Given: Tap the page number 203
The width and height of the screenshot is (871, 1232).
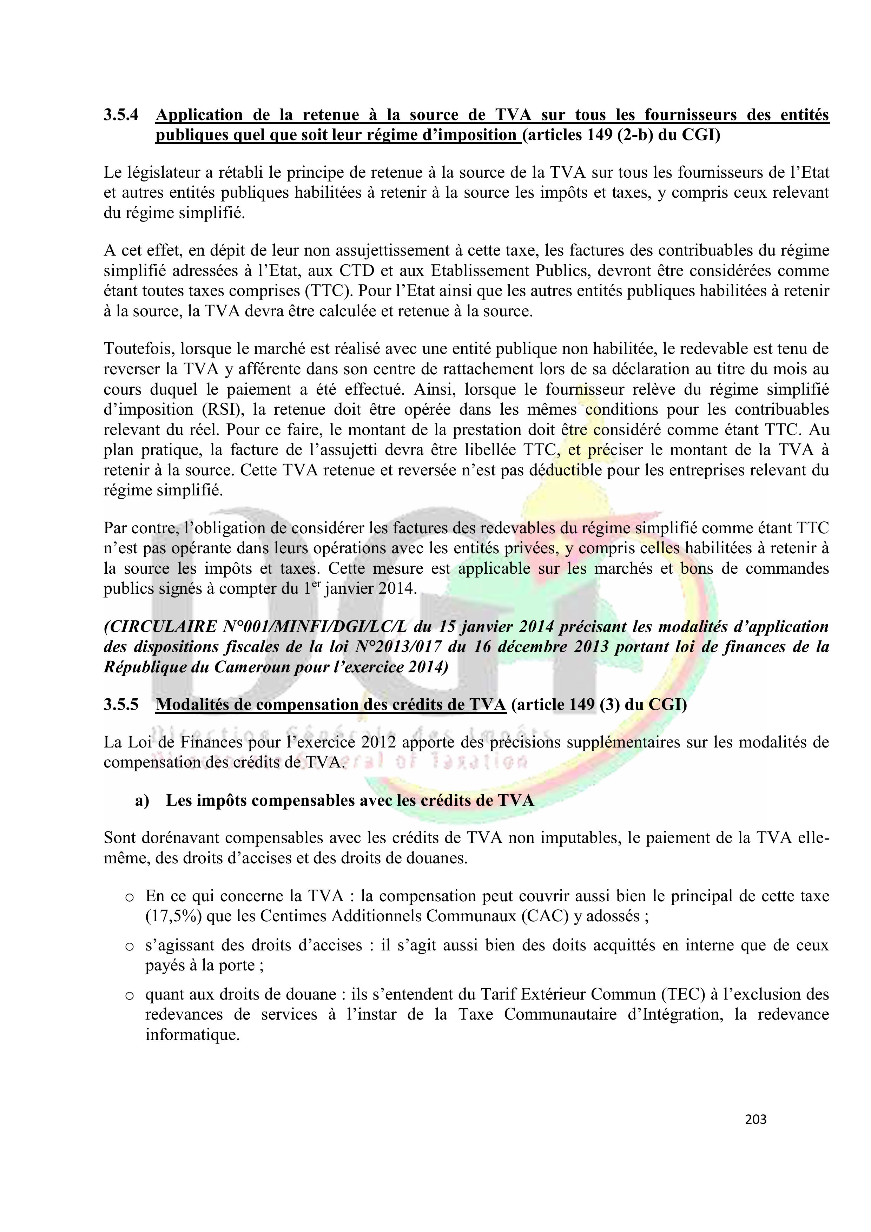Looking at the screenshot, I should [x=755, y=1119].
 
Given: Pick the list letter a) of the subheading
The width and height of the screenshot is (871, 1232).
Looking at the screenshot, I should [x=142, y=800].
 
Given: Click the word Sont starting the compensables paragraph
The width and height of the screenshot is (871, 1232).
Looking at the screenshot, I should [x=120, y=838].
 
